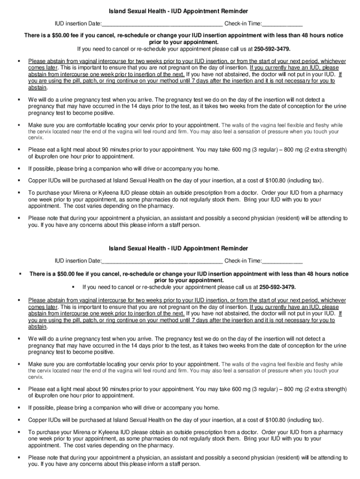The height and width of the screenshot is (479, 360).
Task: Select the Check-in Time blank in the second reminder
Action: pyautogui.click(x=282, y=261)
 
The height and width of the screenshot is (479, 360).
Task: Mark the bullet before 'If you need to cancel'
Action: pyautogui.click(x=73, y=286)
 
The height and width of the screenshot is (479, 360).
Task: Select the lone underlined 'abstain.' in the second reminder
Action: pyautogui.click(x=38, y=327)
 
